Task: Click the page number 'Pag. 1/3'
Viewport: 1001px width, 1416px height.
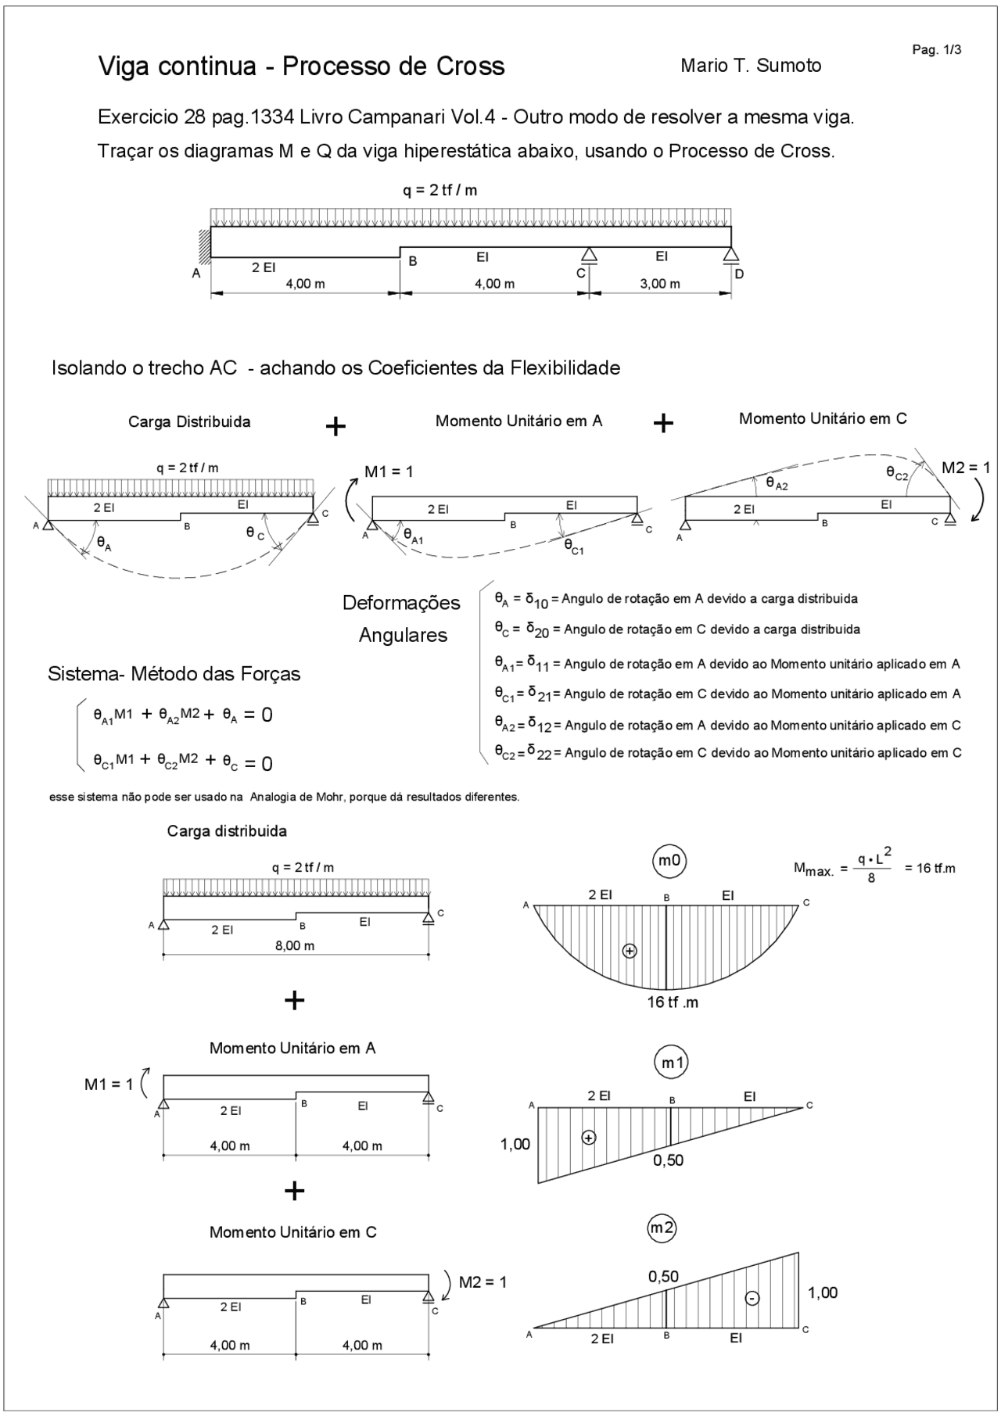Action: pyautogui.click(x=936, y=50)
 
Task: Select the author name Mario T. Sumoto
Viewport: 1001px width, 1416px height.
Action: pyautogui.click(x=751, y=66)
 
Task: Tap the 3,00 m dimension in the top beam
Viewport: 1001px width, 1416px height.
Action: pyautogui.click(x=660, y=284)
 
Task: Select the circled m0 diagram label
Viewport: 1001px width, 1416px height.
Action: pyautogui.click(x=669, y=861)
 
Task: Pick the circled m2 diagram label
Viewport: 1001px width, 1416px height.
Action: pyautogui.click(x=662, y=1228)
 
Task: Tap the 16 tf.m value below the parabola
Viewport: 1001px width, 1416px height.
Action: pyautogui.click(x=673, y=1002)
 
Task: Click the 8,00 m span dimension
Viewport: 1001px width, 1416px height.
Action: pyautogui.click(x=295, y=945)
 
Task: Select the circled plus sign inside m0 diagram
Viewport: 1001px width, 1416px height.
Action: pyautogui.click(x=630, y=951)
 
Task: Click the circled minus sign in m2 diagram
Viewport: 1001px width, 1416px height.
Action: pyautogui.click(x=752, y=1298)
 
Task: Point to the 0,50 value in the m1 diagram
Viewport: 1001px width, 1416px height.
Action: pyautogui.click(x=669, y=1161)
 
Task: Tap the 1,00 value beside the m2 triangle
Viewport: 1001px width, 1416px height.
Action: pyautogui.click(x=823, y=1292)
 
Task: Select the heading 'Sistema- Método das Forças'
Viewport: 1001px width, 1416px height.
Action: pyautogui.click(x=174, y=674)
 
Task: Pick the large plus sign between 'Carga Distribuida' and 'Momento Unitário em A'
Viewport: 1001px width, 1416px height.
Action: pyautogui.click(x=335, y=426)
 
